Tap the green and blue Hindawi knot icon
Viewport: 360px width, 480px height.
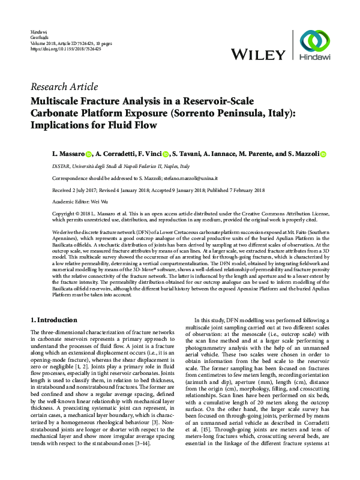click(x=318, y=41)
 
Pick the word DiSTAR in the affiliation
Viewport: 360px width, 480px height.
click(x=62, y=166)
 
